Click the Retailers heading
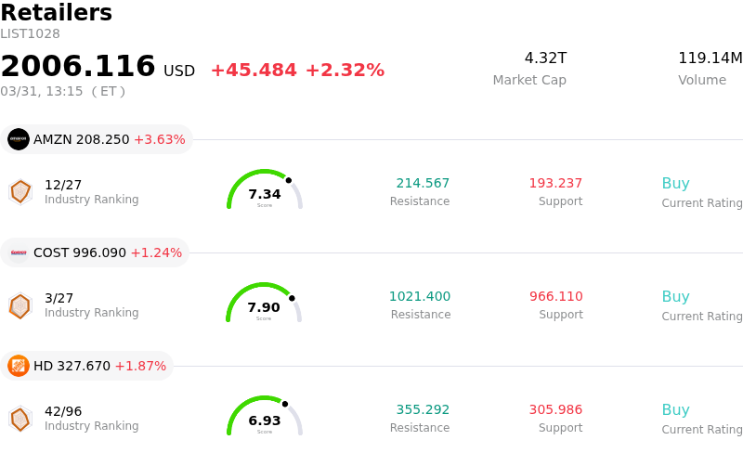(56, 13)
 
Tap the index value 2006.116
(78, 67)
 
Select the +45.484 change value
(254, 71)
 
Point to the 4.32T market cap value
(545, 58)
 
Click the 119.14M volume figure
(710, 58)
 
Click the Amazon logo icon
(19, 139)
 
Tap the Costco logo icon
(19, 252)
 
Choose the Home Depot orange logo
(19, 366)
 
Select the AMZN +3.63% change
(160, 140)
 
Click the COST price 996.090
(93, 252)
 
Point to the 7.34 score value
(265, 194)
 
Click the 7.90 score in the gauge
(264, 307)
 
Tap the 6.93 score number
(265, 421)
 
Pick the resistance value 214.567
(423, 183)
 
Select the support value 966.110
(556, 296)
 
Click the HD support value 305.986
(556, 409)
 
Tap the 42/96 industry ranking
(63, 410)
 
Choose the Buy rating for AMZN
(675, 184)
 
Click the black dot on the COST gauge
(292, 298)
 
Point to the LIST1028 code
(30, 34)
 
